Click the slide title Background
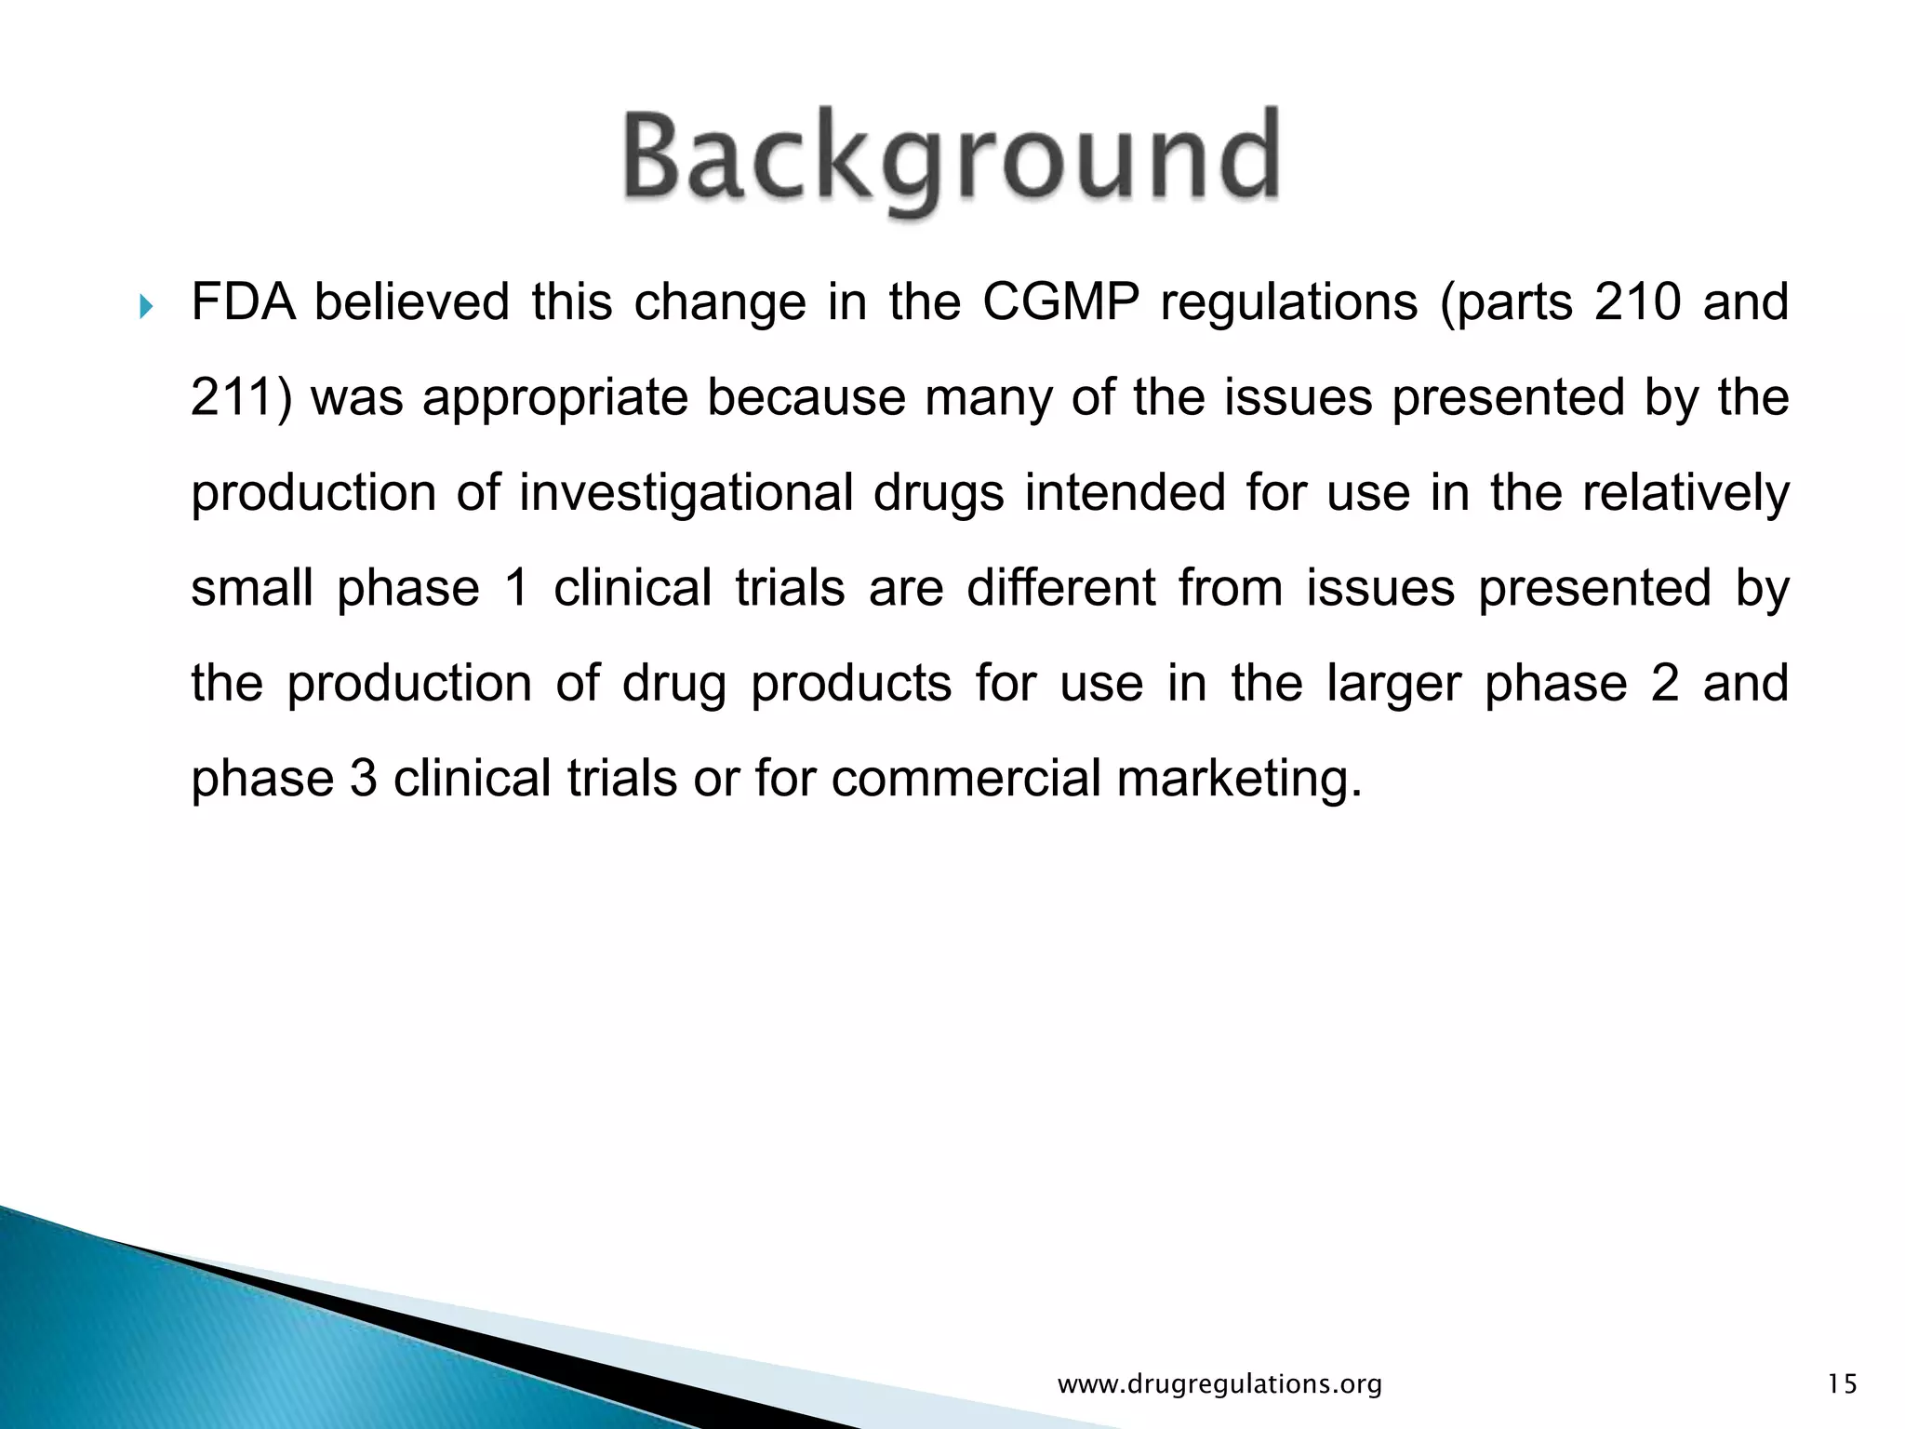point(951,160)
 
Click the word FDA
point(243,302)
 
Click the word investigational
point(686,494)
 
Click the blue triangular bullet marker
point(144,306)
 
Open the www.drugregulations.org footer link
point(1219,1384)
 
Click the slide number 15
point(1842,1384)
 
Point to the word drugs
point(939,494)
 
